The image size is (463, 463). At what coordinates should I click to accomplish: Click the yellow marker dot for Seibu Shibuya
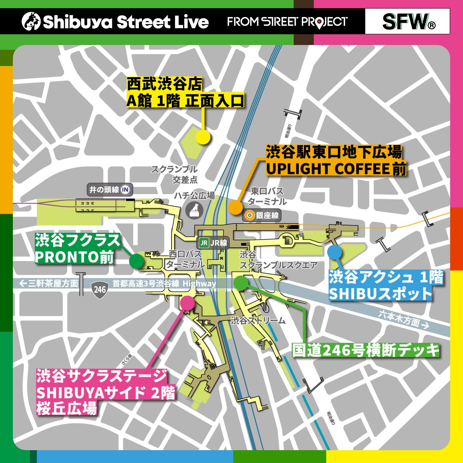click(203, 137)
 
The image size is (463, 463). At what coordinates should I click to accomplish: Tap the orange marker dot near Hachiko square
click(235, 207)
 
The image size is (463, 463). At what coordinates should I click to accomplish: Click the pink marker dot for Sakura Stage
click(187, 302)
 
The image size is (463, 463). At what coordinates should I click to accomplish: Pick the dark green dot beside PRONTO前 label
click(136, 260)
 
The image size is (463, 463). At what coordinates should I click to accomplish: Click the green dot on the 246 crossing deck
click(241, 283)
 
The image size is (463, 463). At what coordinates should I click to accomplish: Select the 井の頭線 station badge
click(109, 189)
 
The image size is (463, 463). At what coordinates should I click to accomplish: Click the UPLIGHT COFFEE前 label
click(336, 169)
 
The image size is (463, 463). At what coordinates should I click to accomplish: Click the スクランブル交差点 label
click(174, 174)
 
